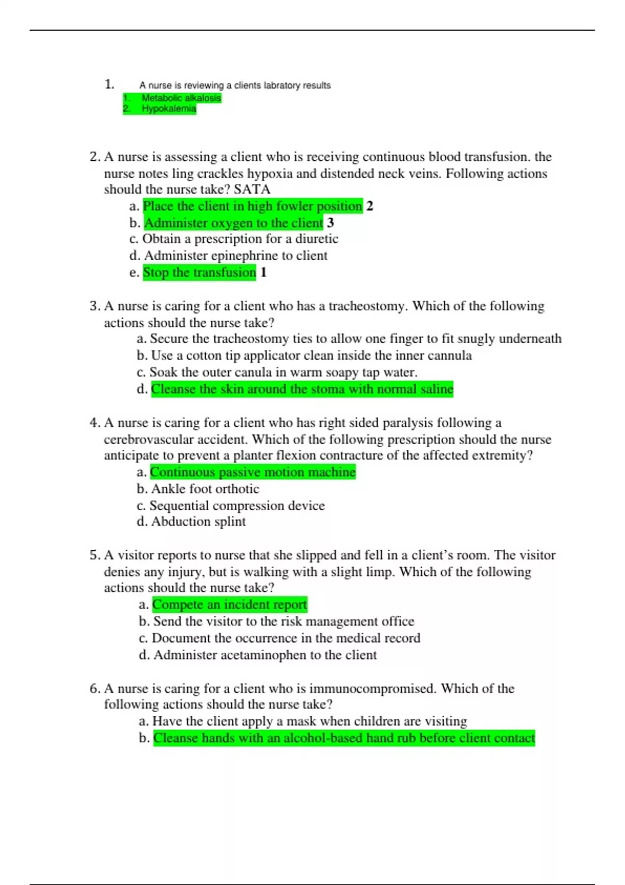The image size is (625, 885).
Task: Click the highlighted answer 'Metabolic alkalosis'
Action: tap(181, 98)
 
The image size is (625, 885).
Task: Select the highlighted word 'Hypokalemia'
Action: tap(169, 109)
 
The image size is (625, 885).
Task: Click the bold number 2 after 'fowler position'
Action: tap(370, 206)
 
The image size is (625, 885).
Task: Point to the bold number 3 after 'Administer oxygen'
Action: tap(330, 223)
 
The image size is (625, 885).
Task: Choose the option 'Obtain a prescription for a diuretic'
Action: tap(240, 239)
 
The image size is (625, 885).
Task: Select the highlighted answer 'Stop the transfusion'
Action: tap(199, 272)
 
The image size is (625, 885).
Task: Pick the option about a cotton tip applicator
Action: tap(311, 356)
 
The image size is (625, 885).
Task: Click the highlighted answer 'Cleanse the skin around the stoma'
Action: tap(302, 389)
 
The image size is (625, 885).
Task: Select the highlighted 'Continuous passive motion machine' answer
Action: tap(253, 472)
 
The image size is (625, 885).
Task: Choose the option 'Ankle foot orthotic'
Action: tap(205, 489)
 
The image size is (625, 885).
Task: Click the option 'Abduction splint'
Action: tap(198, 522)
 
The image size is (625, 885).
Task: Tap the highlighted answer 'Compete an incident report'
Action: tap(230, 604)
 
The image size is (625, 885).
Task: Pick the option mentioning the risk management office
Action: tap(283, 621)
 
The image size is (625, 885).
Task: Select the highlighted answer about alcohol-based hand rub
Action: tap(344, 738)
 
